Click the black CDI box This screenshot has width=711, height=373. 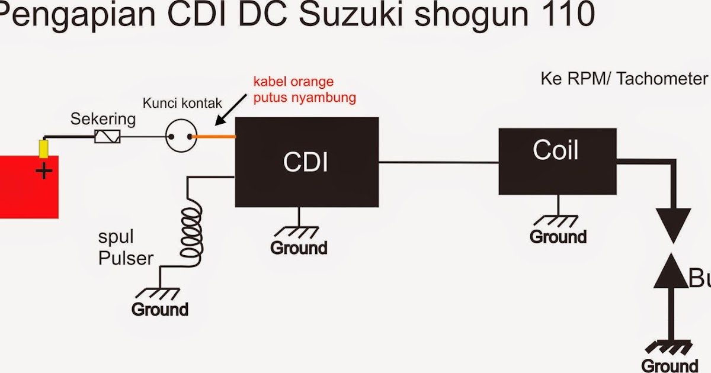coord(307,162)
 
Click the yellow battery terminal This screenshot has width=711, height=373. coord(43,149)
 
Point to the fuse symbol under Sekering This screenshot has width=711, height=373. coord(108,137)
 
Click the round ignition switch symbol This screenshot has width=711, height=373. coord(179,137)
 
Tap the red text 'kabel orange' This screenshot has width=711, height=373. coord(293,82)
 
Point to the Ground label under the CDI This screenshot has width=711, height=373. coord(299,248)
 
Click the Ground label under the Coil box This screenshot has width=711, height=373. coord(558,237)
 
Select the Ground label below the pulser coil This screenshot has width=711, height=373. coord(160,309)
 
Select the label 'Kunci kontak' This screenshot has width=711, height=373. coord(182,103)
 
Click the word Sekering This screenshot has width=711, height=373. coord(103,119)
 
